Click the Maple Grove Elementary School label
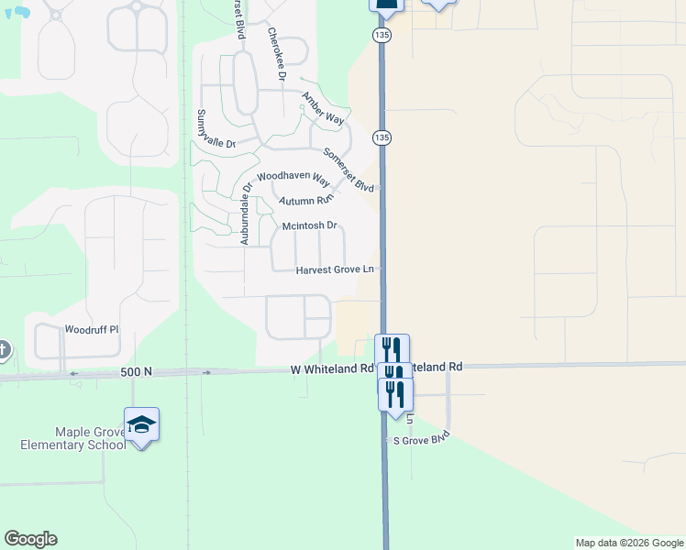[x=73, y=438]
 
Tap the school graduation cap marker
[x=141, y=424]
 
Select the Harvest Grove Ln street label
[x=336, y=270]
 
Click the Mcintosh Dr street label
[x=310, y=225]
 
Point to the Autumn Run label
[x=306, y=201]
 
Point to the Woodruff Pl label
[x=92, y=329]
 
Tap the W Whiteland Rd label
[x=331, y=369]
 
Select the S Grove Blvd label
[x=422, y=438]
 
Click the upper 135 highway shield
[x=382, y=34]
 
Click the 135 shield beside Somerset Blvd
[x=382, y=137]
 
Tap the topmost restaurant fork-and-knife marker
[x=392, y=349]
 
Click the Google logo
[x=30, y=539]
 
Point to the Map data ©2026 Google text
[x=629, y=543]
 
